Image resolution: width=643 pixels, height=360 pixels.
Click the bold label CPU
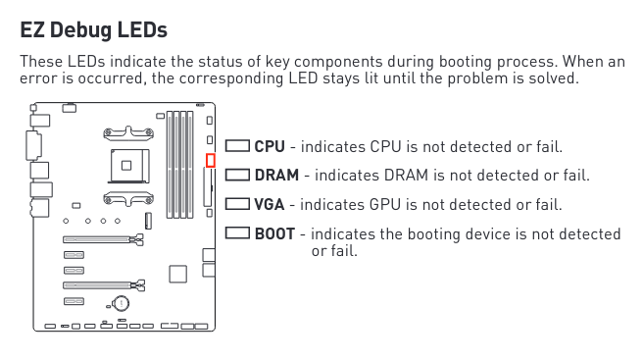click(270, 146)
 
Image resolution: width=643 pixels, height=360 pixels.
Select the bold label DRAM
click(276, 175)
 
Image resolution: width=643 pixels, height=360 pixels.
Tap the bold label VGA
click(269, 204)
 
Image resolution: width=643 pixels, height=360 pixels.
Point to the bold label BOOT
click(274, 234)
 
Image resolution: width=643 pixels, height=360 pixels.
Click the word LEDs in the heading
click(142, 30)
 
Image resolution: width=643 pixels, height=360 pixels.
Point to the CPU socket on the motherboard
click(128, 166)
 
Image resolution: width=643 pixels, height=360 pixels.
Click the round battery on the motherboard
click(121, 304)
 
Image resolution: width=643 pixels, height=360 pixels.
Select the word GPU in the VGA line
click(384, 204)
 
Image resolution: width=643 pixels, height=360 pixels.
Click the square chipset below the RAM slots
click(178, 274)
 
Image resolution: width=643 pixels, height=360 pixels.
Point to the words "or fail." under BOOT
click(334, 250)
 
